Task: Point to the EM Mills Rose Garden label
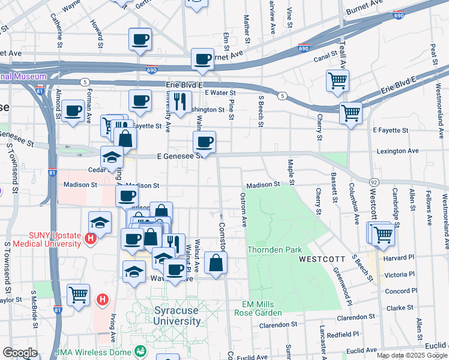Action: tap(262, 308)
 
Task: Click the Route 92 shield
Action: tap(373, 181)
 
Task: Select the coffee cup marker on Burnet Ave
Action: tap(203, 59)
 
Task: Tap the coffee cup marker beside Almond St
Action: tap(73, 110)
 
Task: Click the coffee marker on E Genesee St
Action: tap(204, 142)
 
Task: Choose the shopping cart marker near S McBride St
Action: tap(78, 295)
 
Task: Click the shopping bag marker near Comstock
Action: tap(215, 262)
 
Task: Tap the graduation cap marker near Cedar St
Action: tap(112, 157)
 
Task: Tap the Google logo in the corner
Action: tap(20, 353)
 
